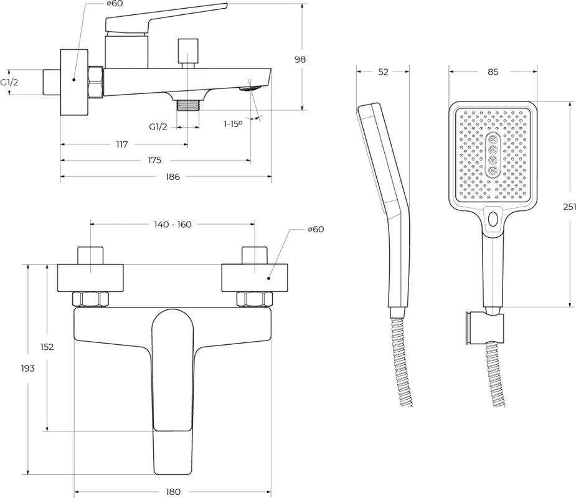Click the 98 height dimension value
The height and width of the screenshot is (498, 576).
point(300,59)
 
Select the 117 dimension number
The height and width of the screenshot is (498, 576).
point(122,144)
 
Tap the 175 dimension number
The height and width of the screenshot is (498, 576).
point(154,161)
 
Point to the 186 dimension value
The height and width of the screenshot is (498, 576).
point(172,177)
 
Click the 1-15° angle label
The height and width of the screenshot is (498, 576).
point(233,124)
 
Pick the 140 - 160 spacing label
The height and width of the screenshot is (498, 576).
point(172,224)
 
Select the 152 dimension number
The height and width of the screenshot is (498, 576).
point(47,347)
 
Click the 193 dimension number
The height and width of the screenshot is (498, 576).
point(27,368)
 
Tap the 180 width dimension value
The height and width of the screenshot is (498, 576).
point(173,491)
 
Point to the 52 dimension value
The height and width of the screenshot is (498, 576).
point(383,72)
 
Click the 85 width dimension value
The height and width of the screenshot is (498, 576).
point(493,72)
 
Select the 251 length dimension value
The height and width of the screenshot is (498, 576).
point(569,207)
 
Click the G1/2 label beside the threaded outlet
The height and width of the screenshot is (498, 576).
point(158,127)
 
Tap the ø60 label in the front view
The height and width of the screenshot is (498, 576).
point(316,229)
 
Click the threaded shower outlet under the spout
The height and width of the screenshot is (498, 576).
point(187,105)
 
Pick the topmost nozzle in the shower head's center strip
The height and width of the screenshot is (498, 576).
point(493,139)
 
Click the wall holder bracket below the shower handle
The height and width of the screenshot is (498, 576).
point(483,327)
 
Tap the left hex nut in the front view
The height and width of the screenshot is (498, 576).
point(90,299)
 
